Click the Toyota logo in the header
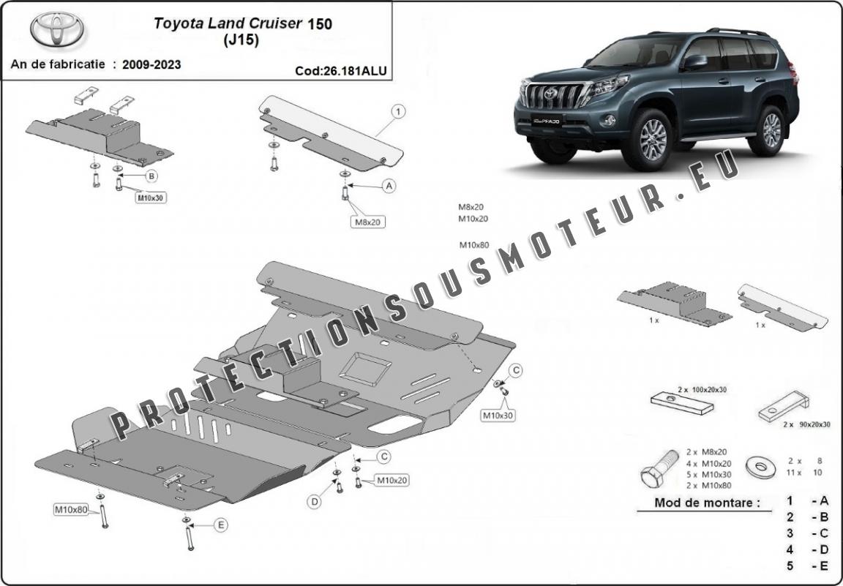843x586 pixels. [x=57, y=29]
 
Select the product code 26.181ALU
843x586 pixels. [x=340, y=71]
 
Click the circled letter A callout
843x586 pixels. [x=389, y=187]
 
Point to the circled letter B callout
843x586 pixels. [x=151, y=176]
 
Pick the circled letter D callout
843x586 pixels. [x=314, y=501]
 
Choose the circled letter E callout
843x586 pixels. [x=220, y=524]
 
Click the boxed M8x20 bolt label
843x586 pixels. [x=369, y=222]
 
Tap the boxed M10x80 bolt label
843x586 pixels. [x=70, y=509]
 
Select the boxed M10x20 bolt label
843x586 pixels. [x=391, y=480]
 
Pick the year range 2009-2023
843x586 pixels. [x=152, y=64]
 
